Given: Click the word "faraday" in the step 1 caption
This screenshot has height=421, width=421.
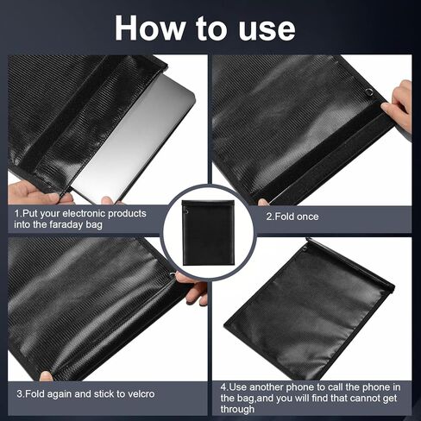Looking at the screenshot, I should (89, 225).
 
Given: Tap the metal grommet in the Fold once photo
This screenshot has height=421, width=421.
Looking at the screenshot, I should (368, 92).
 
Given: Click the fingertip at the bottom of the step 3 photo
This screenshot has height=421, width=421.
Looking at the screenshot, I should (45, 376).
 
